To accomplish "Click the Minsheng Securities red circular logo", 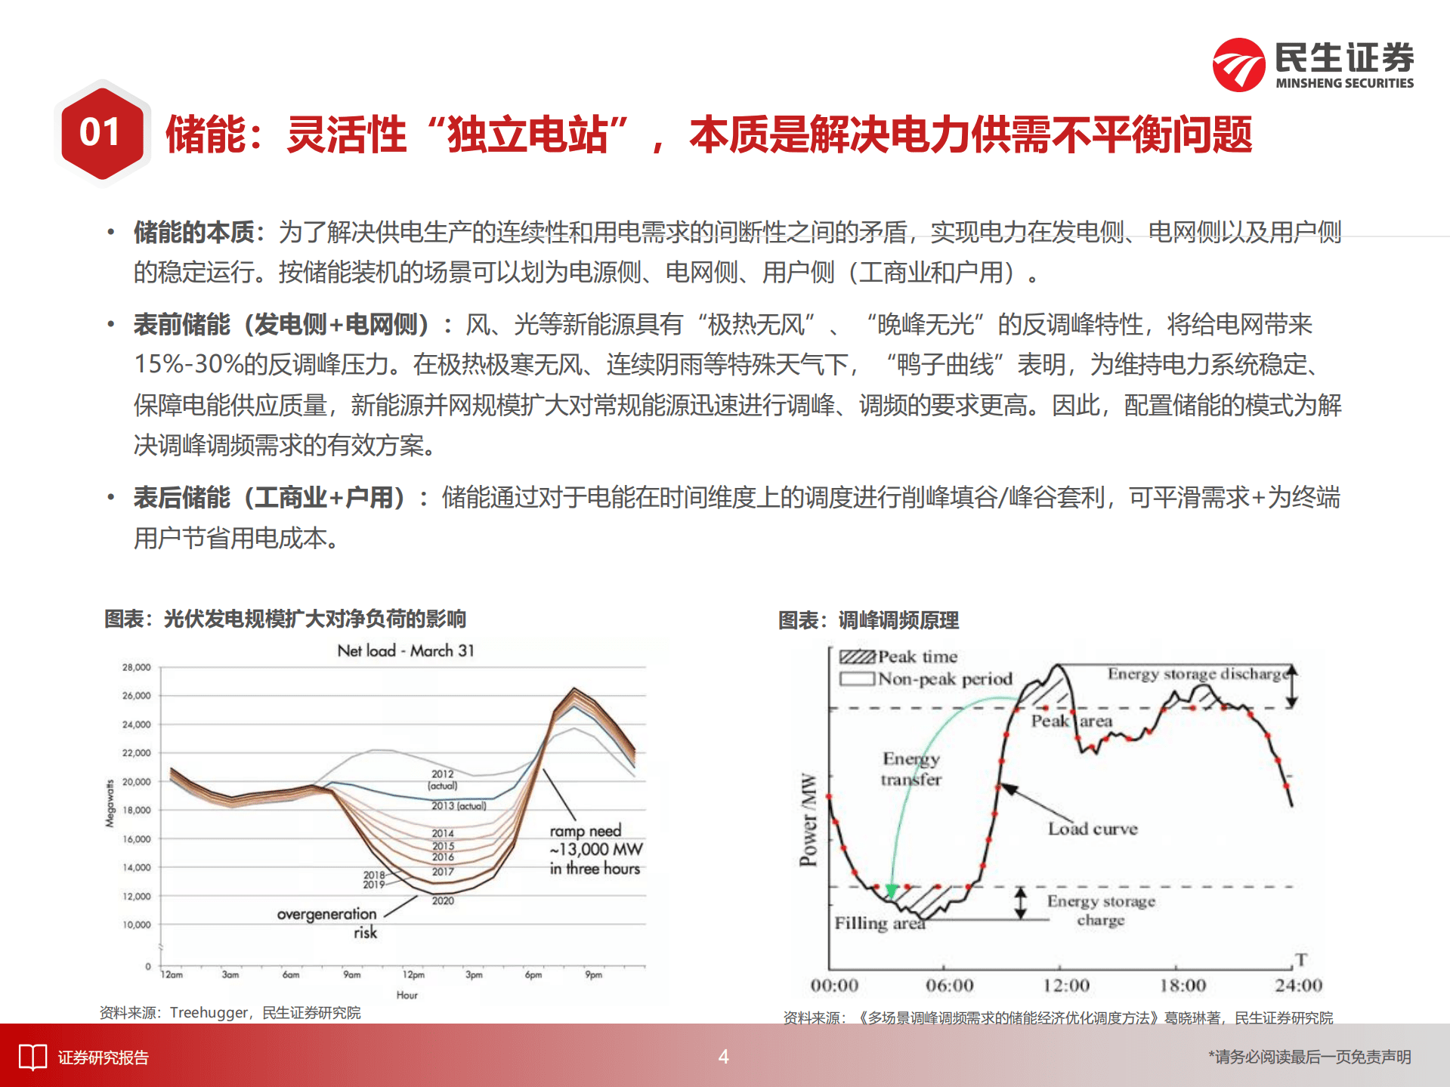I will click(1238, 66).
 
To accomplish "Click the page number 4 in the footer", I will click(723, 1057).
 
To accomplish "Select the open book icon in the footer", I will click(32, 1058).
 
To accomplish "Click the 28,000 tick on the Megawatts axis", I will click(137, 668).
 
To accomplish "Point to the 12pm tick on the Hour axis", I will click(413, 975).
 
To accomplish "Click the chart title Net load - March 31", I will click(405, 650).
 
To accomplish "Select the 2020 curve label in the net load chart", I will click(443, 900).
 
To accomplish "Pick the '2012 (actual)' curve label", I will click(443, 780).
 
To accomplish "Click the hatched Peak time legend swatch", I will click(857, 657).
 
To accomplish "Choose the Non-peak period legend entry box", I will click(857, 678).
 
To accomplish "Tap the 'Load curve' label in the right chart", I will click(1092, 829).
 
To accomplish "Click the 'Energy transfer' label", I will click(911, 768).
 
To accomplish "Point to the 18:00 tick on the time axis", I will click(1183, 985).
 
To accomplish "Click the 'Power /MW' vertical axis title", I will click(808, 819).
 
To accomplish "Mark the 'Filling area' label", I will click(879, 923).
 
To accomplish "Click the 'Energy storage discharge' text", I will click(1198, 674).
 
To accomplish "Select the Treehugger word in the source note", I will click(209, 1012).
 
